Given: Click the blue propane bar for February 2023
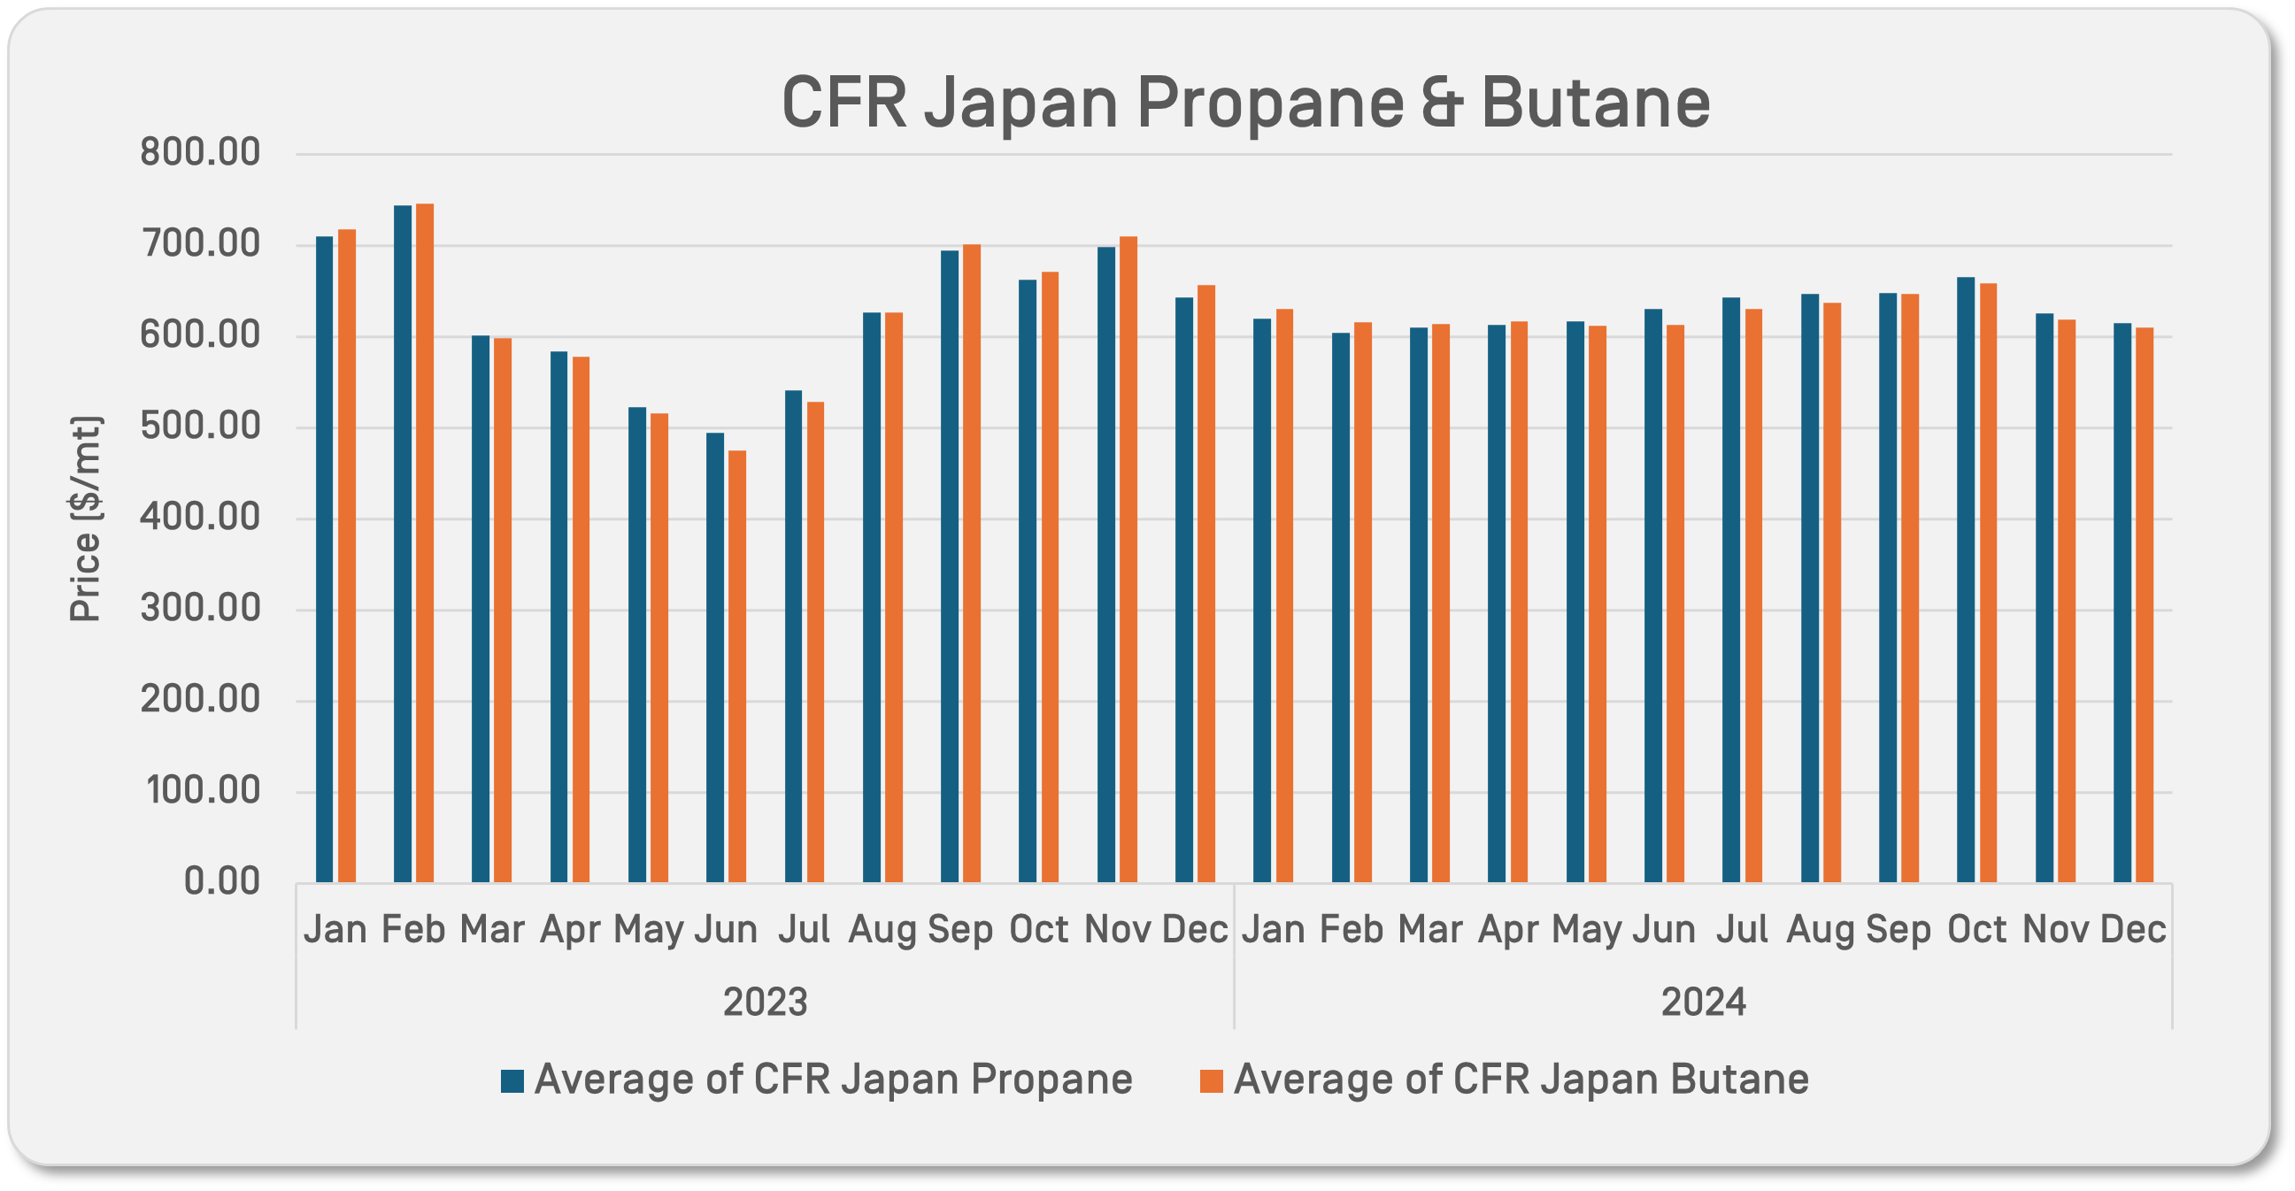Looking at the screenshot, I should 403,543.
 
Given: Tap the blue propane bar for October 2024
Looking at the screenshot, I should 1966,579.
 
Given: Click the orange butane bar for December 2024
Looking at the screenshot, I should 2145,605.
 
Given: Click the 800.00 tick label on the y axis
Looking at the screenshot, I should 199,152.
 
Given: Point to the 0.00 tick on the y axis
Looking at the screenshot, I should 222,881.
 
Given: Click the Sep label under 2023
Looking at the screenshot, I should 959,930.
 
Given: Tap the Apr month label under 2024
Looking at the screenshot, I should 1507,930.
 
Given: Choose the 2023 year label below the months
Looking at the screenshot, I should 765,1003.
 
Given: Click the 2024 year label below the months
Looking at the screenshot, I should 1704,1003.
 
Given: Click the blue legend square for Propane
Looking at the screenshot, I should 512,1080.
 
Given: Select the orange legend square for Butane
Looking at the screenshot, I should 1212,1080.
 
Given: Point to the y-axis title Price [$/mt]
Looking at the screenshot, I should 87,519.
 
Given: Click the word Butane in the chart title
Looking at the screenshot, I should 1595,103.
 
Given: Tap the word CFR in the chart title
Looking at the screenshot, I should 843,103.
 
